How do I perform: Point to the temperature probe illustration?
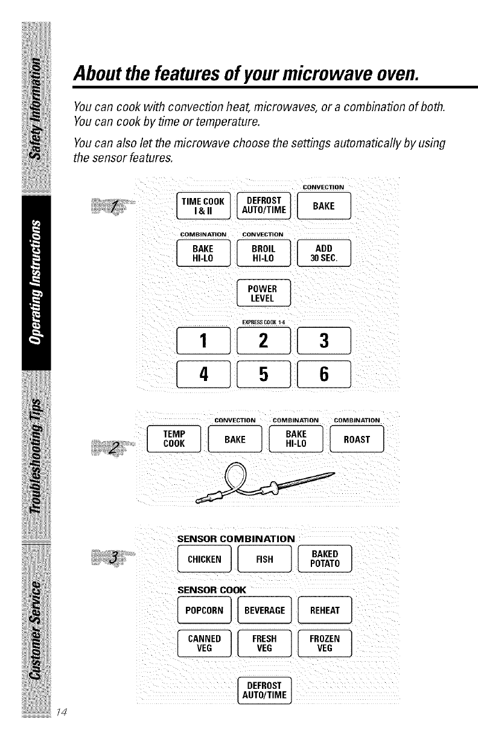coord(265,482)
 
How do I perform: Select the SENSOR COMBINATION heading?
coord(236,538)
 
